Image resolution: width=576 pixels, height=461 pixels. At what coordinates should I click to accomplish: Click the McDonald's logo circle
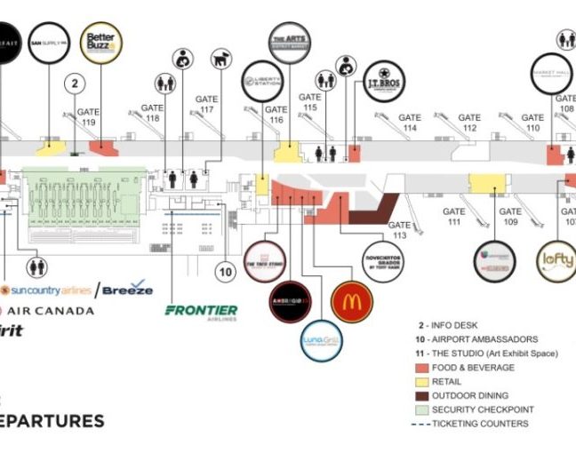[x=351, y=301]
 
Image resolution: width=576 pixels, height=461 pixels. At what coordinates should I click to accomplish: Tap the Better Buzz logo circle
[x=100, y=44]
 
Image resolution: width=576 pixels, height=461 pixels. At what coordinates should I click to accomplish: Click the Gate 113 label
[x=398, y=230]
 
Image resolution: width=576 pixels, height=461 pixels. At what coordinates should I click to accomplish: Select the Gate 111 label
[x=454, y=217]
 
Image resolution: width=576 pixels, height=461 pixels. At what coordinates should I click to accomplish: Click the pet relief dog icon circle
[x=220, y=60]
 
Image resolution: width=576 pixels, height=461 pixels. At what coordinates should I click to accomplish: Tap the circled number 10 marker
[x=226, y=272]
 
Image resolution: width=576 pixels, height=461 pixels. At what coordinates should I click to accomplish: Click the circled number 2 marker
[x=76, y=84]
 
